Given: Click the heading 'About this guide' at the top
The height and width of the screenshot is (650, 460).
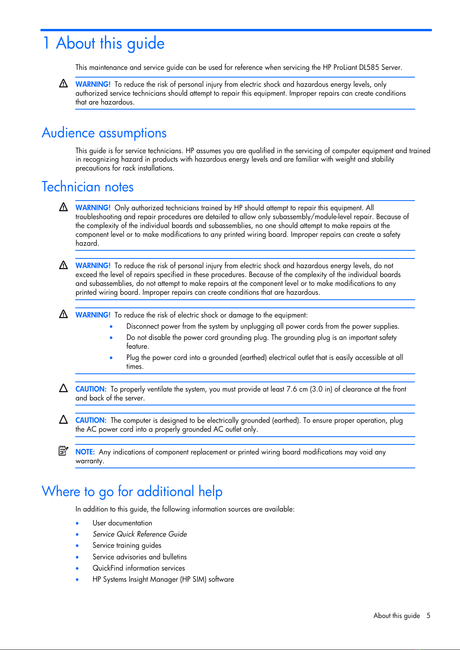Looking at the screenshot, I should [110, 43].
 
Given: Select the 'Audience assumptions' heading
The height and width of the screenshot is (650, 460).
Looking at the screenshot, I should [104, 133].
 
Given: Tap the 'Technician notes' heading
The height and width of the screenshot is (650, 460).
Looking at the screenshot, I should [88, 187].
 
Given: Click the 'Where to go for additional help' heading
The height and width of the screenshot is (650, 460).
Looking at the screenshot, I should [132, 492].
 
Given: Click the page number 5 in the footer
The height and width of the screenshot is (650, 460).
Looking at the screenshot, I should [428, 616].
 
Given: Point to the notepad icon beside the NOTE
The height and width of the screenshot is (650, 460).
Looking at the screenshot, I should [63, 451].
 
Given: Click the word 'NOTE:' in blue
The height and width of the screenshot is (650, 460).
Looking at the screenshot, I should [85, 452].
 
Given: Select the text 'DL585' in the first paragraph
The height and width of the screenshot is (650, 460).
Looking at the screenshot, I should [369, 68].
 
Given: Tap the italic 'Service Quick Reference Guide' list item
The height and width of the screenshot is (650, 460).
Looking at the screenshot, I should [140, 534].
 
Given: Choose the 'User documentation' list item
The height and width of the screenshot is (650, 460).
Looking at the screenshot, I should [122, 523].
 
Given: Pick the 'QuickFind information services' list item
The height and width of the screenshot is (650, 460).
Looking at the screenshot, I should [139, 568].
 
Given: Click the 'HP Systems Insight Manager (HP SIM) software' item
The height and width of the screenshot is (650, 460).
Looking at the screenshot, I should [163, 579].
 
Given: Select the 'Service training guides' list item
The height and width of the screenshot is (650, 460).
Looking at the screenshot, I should [127, 545].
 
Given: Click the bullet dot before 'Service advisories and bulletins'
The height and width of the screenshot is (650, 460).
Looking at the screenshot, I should [78, 557].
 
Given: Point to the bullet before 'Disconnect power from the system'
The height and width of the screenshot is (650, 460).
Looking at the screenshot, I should [111, 327].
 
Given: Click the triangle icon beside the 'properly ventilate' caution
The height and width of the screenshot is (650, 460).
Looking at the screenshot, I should [63, 388].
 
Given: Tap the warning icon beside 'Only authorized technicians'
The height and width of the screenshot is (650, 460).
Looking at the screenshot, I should [63, 207].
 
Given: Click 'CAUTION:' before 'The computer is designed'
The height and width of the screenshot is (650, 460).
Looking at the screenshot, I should [91, 420].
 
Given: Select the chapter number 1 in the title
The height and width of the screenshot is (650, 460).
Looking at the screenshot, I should [46, 43].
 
